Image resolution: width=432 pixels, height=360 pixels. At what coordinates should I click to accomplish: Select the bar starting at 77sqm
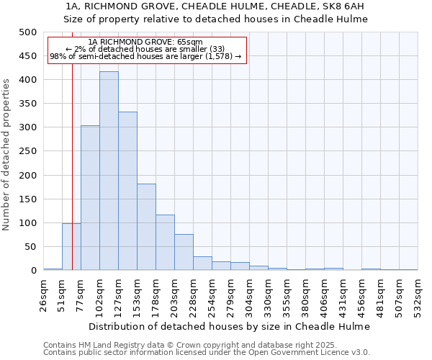(x=90, y=198)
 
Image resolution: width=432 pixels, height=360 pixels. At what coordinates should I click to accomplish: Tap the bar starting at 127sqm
(x=127, y=192)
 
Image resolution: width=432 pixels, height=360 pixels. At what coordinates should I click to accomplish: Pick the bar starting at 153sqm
(x=146, y=228)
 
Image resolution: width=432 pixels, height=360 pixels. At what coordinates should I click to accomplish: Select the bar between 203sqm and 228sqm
(x=184, y=253)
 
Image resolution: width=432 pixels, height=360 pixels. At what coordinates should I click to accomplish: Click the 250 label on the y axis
(x=27, y=151)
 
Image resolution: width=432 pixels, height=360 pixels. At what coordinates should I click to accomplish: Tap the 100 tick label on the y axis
(x=27, y=223)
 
